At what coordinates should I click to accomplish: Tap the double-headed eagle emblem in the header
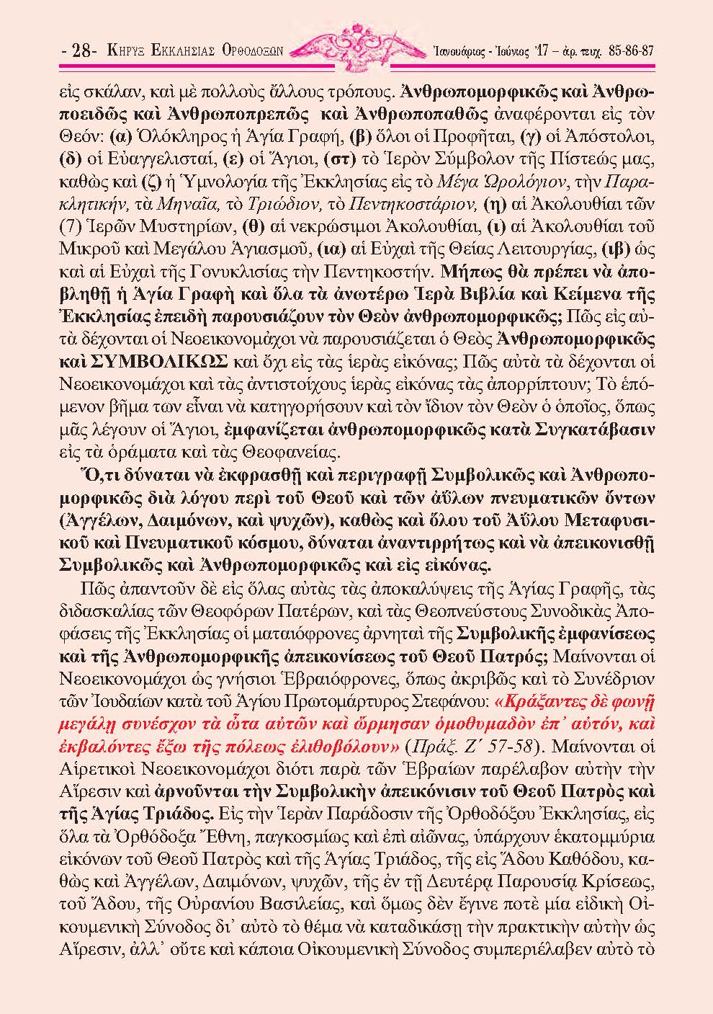(356, 45)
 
